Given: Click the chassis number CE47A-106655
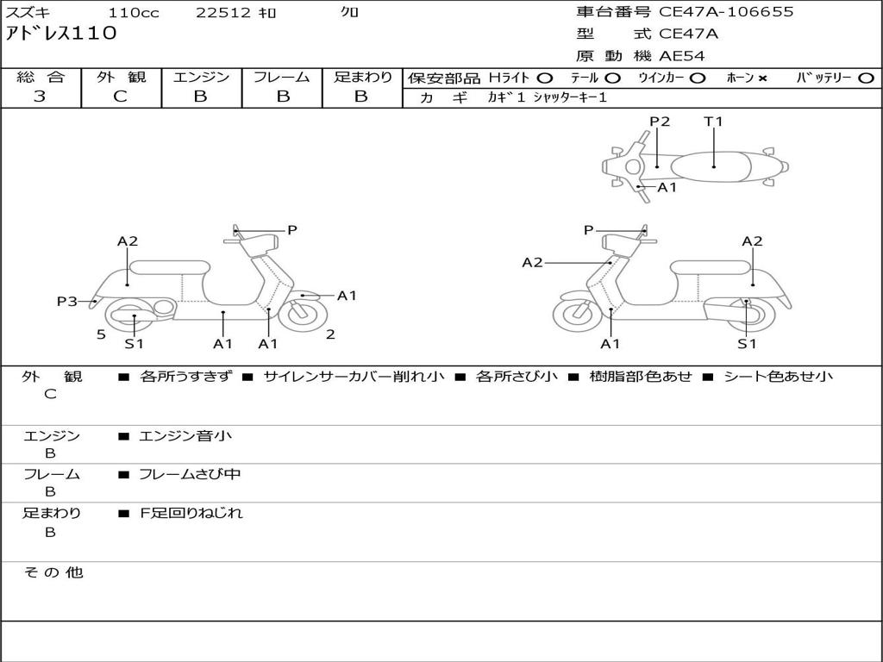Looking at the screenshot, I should pos(726,12).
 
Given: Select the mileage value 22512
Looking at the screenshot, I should pos(223,13).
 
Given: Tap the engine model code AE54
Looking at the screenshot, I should pos(682,56).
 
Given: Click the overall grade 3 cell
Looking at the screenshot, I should pos(41,97).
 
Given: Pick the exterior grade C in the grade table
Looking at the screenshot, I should pos(121,97).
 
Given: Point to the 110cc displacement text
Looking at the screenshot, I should pos(128,13).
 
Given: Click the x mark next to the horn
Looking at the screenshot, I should pos(762,78).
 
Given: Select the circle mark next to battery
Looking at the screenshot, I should pos(866,78).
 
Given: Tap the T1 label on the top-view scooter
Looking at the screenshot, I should pos(713,122).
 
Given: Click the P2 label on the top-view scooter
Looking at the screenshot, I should pos(660,122).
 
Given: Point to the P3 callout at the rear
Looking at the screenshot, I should pos(67,301).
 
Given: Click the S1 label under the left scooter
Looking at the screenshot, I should pos(134,344).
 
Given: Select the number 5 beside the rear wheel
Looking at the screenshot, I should pos(101,334).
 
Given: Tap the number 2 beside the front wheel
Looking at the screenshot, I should pos(330,334).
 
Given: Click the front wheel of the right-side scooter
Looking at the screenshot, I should pos(577,315).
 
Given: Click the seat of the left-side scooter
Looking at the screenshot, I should pos(169,267).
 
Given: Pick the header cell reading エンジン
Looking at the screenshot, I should pos(201,77).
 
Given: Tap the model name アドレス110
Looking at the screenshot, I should pos(61,34).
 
